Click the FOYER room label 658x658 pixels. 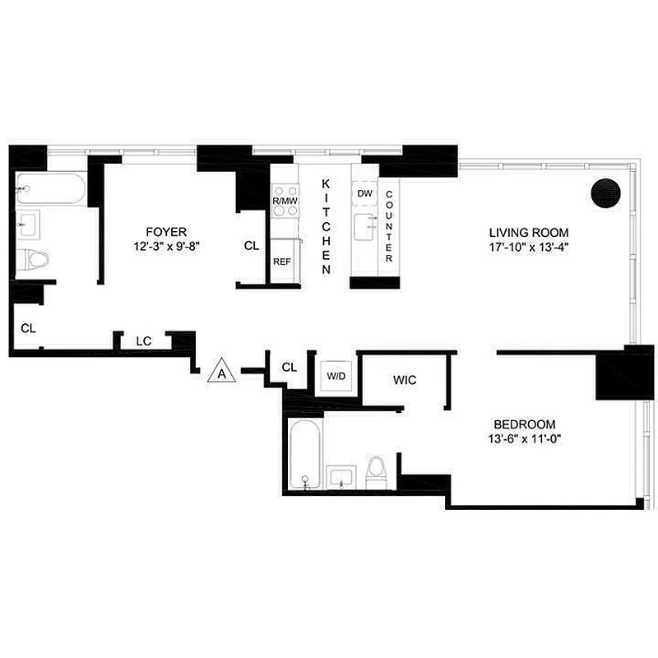pos(167,231)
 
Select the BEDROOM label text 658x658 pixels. pos(524,424)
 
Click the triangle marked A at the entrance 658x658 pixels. pos(222,372)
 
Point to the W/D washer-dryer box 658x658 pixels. pos(336,376)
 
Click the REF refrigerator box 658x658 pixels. pos(281,262)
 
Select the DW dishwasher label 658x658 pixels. pos(364,193)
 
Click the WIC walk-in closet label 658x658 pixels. pos(404,380)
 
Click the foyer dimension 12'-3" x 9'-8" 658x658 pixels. pos(167,244)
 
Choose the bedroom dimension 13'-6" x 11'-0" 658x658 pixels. pos(524,438)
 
